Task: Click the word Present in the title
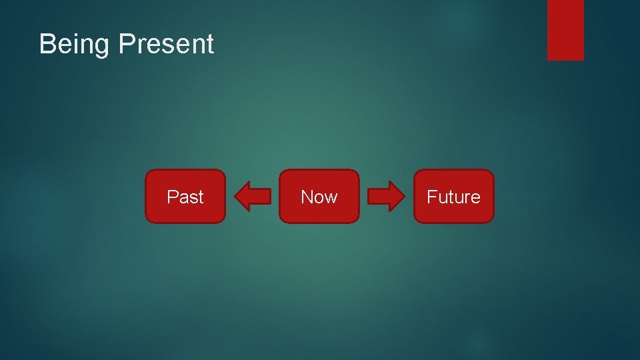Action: pos(166,44)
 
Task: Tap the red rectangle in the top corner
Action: pos(565,30)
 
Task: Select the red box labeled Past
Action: pos(185,196)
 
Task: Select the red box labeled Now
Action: pos(319,196)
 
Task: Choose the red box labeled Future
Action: pos(453,196)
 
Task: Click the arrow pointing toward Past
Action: pos(253,196)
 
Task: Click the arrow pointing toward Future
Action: pos(387,196)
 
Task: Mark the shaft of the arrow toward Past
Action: pos(261,196)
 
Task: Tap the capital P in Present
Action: pos(125,44)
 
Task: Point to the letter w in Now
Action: pos(331,198)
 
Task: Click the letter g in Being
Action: pos(102,47)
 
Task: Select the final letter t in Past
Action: pos(201,197)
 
